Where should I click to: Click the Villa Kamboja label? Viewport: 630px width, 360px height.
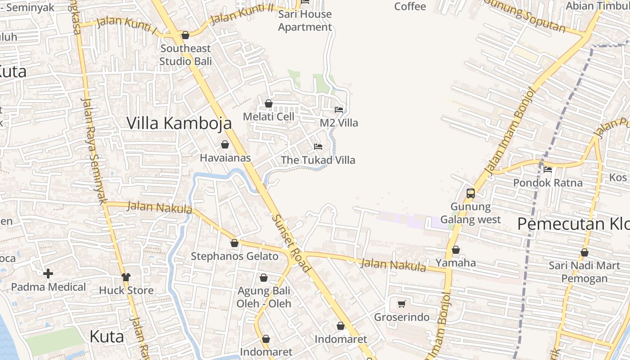[x=179, y=123]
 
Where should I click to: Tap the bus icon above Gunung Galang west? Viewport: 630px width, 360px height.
[x=471, y=193]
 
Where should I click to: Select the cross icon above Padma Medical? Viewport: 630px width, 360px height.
[x=48, y=273]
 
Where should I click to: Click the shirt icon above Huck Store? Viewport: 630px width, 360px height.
[x=126, y=277]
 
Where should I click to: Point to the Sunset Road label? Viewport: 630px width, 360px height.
[x=292, y=243]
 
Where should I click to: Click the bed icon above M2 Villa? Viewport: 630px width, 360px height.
[x=339, y=109]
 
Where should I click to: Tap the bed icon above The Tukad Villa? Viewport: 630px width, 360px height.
[x=318, y=147]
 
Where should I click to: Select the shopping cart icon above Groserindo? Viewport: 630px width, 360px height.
[x=402, y=304]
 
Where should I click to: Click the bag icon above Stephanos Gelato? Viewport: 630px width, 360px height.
[x=234, y=243]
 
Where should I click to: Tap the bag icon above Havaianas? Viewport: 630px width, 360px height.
[x=225, y=144]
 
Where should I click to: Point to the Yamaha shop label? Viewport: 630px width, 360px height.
[x=455, y=263]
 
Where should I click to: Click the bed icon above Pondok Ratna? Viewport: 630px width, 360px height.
[x=548, y=170]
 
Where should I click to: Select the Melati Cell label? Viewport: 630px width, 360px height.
[x=268, y=117]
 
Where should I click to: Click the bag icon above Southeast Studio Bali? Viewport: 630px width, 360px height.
[x=185, y=35]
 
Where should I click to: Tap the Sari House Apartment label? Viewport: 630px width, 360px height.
[x=305, y=21]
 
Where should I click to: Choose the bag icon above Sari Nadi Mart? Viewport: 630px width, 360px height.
[x=585, y=252]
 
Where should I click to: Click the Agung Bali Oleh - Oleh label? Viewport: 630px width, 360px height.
[x=264, y=297]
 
